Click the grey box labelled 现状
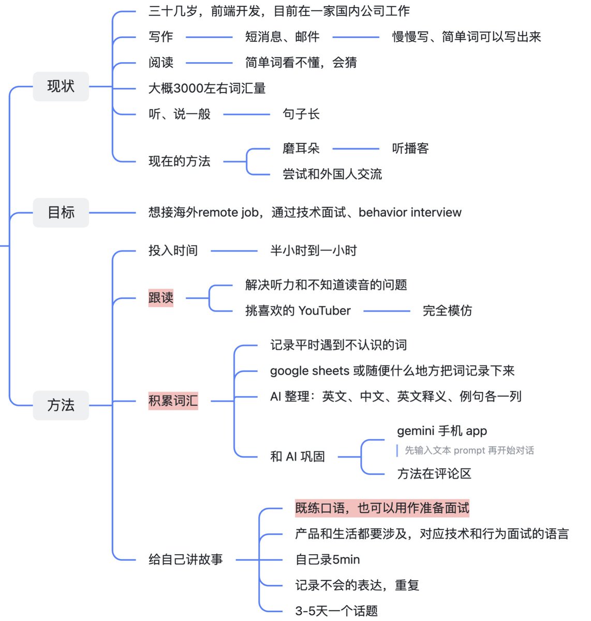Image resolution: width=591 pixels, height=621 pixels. point(61,86)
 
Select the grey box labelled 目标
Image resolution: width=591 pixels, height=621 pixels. point(61,213)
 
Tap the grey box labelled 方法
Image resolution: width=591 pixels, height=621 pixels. point(61,405)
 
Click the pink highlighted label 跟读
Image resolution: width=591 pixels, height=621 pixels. point(161,298)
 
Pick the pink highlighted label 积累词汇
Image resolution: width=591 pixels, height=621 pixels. point(173,401)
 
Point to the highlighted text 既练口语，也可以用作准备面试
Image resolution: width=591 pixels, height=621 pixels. point(382,508)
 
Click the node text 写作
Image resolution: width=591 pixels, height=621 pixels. point(161,37)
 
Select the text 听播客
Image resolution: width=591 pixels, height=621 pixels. point(410,149)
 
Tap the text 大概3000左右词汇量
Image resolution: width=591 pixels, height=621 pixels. point(207,88)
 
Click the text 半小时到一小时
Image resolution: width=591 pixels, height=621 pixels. point(314,251)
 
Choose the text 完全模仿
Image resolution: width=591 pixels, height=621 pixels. point(447,311)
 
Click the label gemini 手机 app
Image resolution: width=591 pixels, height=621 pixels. point(442,431)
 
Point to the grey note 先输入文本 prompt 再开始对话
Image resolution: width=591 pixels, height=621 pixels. point(469,451)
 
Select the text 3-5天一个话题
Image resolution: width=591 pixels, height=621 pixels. point(336,611)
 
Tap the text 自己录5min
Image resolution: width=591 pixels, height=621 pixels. point(328,560)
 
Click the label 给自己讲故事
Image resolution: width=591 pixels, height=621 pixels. point(186,560)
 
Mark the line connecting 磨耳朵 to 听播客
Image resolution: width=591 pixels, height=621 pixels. point(356,149)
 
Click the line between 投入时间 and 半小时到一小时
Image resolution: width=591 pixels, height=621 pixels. point(234,252)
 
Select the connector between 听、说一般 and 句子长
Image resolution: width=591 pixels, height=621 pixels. point(246,114)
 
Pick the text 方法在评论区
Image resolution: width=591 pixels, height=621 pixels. point(434,474)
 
